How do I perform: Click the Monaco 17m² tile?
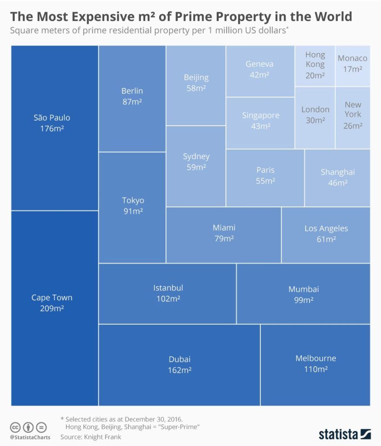click(353, 66)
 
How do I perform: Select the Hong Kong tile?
click(315, 66)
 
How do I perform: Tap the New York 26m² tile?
click(353, 118)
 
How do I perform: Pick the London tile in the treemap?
click(315, 118)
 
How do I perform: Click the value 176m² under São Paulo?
click(52, 128)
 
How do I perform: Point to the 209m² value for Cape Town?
click(52, 308)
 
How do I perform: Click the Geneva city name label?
click(259, 64)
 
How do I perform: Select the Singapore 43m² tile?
click(260, 123)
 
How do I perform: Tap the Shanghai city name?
click(338, 172)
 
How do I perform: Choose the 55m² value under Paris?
click(265, 181)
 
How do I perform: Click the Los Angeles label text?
click(327, 228)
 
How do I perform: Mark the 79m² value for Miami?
click(224, 238)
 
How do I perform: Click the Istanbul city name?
click(168, 288)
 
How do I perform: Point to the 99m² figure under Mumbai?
click(304, 300)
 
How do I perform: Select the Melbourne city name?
click(316, 358)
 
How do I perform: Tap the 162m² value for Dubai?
click(180, 370)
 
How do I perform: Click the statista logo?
click(344, 434)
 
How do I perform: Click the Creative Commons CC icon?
click(15, 427)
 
